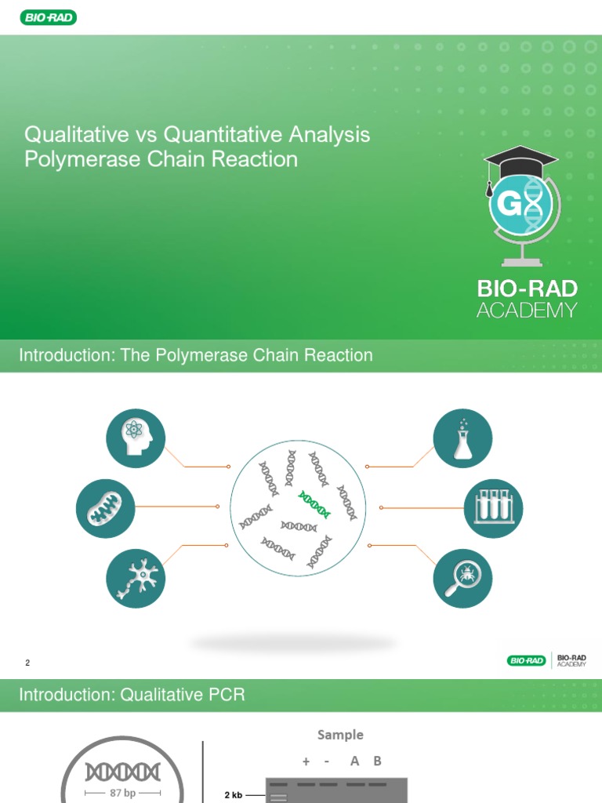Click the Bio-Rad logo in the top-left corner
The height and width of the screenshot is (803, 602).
click(49, 18)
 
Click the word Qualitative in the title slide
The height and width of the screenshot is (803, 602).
click(76, 135)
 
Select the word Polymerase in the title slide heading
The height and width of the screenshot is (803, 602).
click(82, 159)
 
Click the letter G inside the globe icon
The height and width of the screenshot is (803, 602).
click(510, 204)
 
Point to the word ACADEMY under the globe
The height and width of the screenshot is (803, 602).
click(527, 311)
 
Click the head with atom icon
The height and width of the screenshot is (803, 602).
click(136, 438)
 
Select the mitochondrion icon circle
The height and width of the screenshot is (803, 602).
click(106, 508)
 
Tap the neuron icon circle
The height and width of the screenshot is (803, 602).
click(136, 579)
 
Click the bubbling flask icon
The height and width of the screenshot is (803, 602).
click(462, 438)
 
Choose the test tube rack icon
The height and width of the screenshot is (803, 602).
click(493, 508)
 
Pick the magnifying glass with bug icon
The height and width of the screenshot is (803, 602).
click(462, 579)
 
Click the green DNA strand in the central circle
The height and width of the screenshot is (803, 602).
click(314, 504)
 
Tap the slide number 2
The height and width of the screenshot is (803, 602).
click(27, 663)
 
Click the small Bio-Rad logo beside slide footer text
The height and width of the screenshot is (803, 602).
click(526, 660)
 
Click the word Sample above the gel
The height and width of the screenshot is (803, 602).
click(340, 735)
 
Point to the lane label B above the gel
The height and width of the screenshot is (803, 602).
click(377, 761)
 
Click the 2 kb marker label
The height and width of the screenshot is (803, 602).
click(233, 795)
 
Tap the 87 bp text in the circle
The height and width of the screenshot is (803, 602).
click(123, 793)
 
